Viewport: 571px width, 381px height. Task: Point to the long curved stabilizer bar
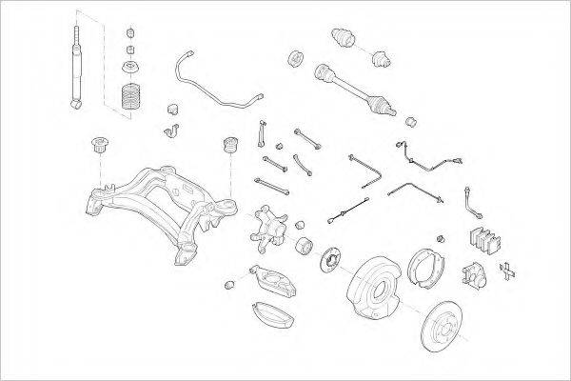tap(209, 84)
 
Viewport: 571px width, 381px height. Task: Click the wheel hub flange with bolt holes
tap(333, 258)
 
